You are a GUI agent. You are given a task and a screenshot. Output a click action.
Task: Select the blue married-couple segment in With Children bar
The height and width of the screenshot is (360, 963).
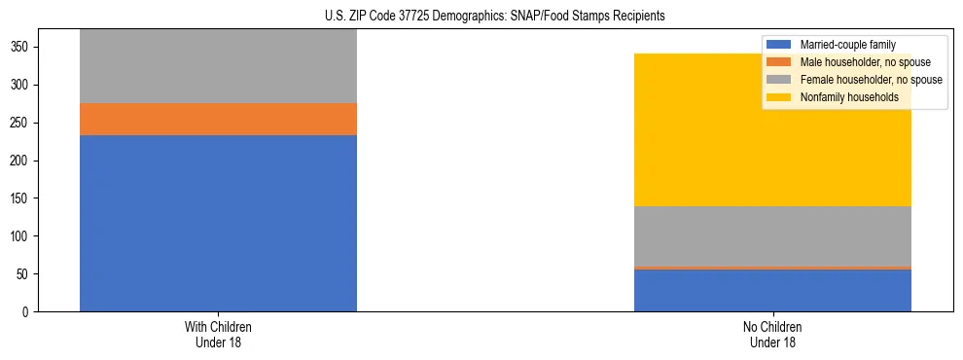(218, 223)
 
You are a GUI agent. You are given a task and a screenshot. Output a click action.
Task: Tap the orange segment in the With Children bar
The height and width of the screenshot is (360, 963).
(218, 119)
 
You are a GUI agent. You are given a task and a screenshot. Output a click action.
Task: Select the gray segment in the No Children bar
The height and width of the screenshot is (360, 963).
(772, 235)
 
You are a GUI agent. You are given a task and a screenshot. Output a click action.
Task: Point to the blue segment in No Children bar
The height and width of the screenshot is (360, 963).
(772, 290)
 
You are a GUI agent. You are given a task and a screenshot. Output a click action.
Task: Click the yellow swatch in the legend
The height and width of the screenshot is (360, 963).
(779, 97)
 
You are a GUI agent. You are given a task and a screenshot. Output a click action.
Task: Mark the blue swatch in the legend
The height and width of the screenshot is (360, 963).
(779, 45)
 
